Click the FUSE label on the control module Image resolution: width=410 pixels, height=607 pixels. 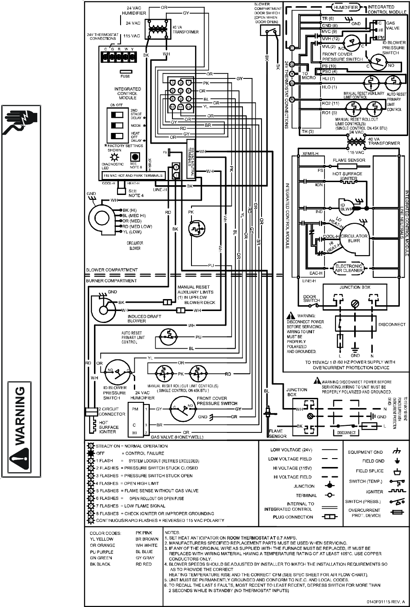coord(125,77)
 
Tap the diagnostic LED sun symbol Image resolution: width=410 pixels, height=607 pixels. coord(114,157)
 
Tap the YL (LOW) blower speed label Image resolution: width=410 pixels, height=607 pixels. coord(132,232)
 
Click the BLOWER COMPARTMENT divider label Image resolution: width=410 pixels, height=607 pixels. coord(112,270)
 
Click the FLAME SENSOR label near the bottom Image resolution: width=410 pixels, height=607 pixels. coord(277,433)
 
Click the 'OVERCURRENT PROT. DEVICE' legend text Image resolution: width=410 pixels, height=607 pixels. coord(364,513)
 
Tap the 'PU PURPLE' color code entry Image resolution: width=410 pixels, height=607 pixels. coord(102,552)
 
